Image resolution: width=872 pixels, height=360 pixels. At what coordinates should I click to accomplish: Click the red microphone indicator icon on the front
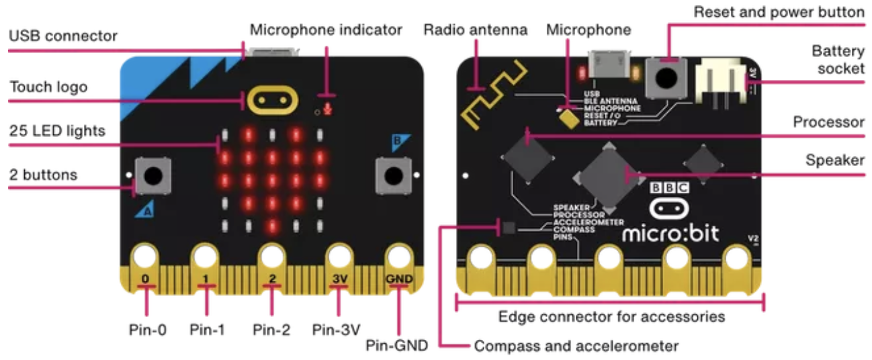click(x=327, y=109)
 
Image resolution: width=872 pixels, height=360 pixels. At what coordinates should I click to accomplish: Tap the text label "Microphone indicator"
click(x=326, y=30)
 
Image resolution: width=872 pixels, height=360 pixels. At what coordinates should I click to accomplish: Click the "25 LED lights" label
click(x=57, y=131)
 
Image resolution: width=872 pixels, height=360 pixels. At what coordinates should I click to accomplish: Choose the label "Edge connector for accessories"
click(x=611, y=316)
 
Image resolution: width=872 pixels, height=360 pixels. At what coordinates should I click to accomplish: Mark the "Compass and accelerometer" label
click(x=576, y=347)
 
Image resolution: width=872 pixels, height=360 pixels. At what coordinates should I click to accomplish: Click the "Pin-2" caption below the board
click(x=271, y=330)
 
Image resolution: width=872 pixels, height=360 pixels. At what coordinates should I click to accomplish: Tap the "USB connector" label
click(x=63, y=36)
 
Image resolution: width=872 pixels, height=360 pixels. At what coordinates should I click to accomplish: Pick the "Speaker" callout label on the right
click(x=835, y=160)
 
